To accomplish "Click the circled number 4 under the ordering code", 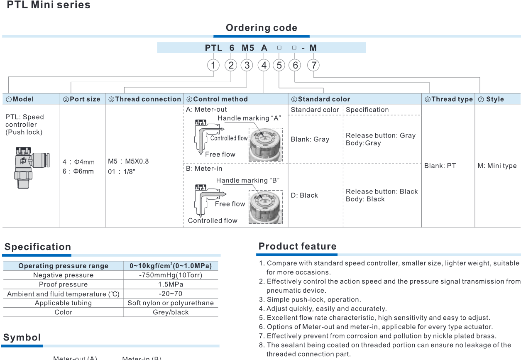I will click(x=264, y=65).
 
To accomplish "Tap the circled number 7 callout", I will click(x=313, y=65).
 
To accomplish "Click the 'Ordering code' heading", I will click(x=262, y=28).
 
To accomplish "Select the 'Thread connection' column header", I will click(x=144, y=99).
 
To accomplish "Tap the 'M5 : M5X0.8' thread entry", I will click(x=128, y=161).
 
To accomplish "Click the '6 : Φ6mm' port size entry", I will click(x=78, y=171).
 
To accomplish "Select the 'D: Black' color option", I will click(x=304, y=195).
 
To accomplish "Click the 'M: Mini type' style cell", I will click(x=497, y=166).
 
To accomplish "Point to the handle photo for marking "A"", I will click(x=265, y=144).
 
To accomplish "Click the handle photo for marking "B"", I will click(x=265, y=206).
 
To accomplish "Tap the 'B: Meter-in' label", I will click(x=204, y=169).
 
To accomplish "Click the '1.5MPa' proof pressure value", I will click(x=171, y=284).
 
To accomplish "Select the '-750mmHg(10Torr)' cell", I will click(x=171, y=275).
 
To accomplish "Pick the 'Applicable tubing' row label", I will click(x=64, y=303).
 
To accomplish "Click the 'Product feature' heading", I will click(x=297, y=246).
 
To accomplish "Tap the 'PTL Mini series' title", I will click(x=49, y=5).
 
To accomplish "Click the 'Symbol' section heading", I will click(x=22, y=337).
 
